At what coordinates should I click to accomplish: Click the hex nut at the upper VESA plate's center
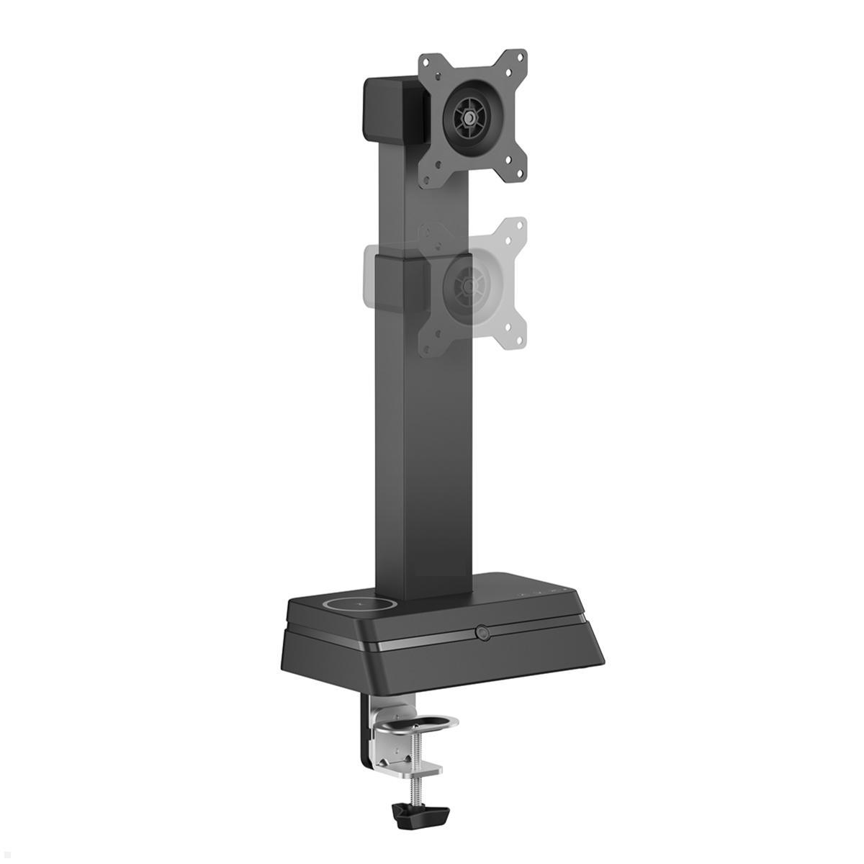point(469,114)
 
